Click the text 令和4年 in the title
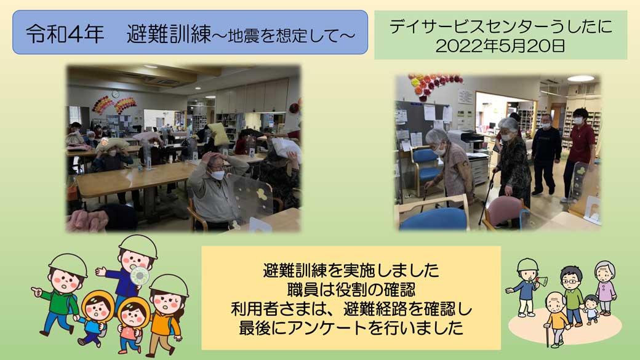pos(65,33)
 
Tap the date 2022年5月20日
pos(500,46)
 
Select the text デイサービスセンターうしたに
pos(501,27)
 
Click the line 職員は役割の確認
pos(351,290)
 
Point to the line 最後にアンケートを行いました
pos(351,328)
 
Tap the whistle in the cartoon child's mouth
pos(139,276)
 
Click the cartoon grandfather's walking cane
pos(548,335)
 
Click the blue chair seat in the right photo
pos(433,218)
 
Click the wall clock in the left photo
pos(116,94)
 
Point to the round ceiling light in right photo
pos(580,78)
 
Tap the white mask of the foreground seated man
pos(218,175)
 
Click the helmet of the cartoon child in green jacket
pos(68,264)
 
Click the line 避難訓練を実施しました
pos(351,271)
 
